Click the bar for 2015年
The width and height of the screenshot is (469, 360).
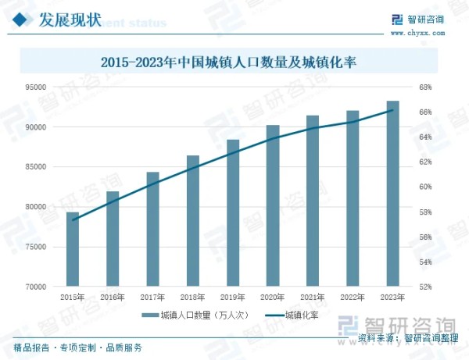coord(72,249)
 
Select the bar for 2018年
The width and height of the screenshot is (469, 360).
coord(192,221)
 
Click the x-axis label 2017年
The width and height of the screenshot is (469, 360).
coord(152,298)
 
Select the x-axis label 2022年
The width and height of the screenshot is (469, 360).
coord(353,298)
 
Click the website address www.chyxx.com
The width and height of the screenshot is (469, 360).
coord(416,33)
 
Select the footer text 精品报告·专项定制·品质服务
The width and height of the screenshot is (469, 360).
coord(78,348)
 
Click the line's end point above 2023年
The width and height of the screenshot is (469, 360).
coord(392,111)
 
